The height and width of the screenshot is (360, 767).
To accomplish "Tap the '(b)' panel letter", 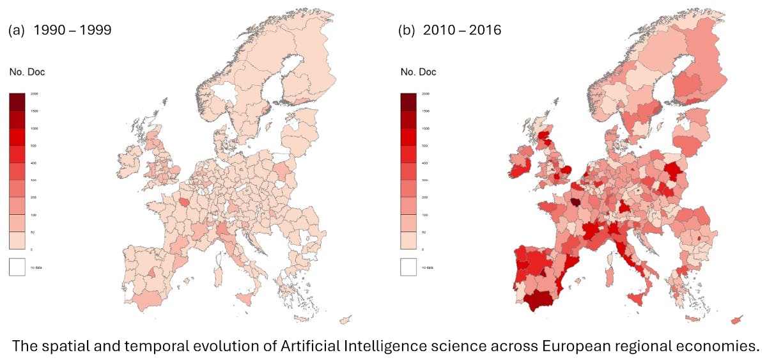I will tap(407, 29).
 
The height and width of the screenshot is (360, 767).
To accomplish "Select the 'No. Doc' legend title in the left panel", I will tap(27, 72).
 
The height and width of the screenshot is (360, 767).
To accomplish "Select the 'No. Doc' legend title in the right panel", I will tap(418, 72).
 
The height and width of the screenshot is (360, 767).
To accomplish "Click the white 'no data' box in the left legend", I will tap(17, 266).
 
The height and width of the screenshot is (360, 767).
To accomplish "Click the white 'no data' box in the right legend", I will tap(408, 266).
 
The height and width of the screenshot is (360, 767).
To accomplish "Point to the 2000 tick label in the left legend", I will tap(34, 94).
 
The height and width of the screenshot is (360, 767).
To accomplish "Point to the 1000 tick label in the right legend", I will tap(425, 129).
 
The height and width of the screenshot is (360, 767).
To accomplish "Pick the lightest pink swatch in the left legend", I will tap(17, 240).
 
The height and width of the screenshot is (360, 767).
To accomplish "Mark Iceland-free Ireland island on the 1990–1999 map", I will tap(132, 159).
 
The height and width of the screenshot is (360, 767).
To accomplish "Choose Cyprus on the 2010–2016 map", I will tap(737, 318).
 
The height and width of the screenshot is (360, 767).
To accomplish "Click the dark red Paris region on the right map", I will tap(577, 201).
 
